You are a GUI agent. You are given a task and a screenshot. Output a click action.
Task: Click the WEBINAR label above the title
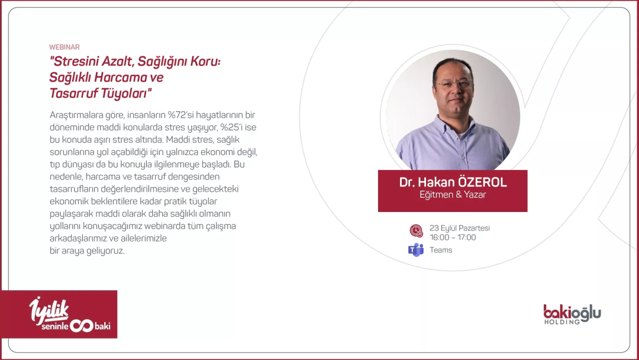click(x=64, y=47)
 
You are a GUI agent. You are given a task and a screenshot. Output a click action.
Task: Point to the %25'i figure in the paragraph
click(x=231, y=127)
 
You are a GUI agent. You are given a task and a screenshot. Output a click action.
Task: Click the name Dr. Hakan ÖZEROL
click(x=453, y=182)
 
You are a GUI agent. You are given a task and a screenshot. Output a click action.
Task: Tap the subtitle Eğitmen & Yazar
click(x=453, y=194)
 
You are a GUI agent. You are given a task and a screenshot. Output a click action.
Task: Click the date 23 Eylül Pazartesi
click(x=460, y=228)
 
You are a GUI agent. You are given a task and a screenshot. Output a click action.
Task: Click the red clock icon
click(x=416, y=231)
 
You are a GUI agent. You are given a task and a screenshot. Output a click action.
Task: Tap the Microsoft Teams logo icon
click(x=416, y=250)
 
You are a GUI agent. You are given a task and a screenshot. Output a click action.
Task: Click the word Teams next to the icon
click(x=441, y=250)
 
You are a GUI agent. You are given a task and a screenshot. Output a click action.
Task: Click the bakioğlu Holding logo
click(x=572, y=314)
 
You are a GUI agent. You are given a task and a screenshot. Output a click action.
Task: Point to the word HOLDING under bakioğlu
click(x=562, y=322)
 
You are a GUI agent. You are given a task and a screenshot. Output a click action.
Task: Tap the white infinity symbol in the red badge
click(x=82, y=325)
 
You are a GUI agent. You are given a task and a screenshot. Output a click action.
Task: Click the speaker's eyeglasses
click(x=454, y=85)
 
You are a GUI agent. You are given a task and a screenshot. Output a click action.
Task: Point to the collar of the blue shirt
click(x=453, y=126)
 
